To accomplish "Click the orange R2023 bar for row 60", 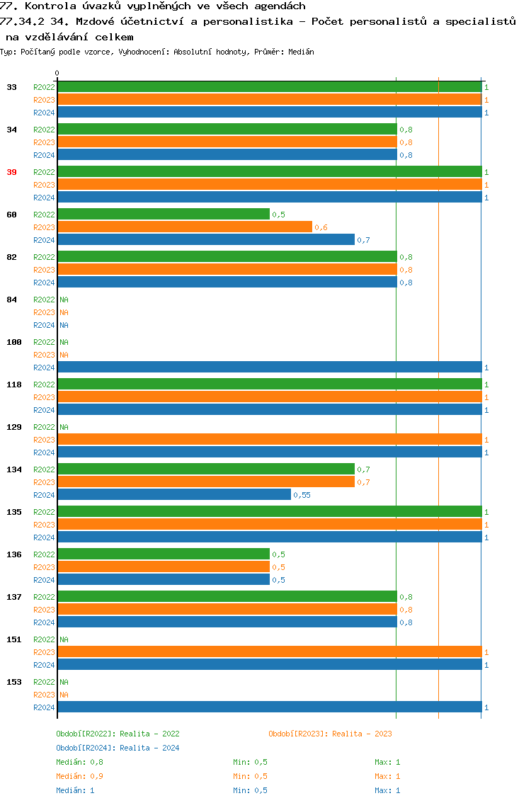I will pyautogui.click(x=184, y=227).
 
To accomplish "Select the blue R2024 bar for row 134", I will pyautogui.click(x=173, y=495).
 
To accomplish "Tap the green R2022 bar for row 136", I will pyautogui.click(x=163, y=554).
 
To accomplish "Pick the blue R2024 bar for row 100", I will pyautogui.click(x=269, y=368).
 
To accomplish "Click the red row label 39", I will pyautogui.click(x=12, y=172).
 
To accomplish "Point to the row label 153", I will pyautogui.click(x=14, y=682).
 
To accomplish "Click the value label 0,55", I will pyautogui.click(x=302, y=495).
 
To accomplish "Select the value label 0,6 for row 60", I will pyautogui.click(x=321, y=227).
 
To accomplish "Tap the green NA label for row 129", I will pyautogui.click(x=64, y=427).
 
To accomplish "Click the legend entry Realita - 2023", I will pyautogui.click(x=330, y=734).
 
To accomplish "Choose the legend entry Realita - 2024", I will pyautogui.click(x=118, y=748).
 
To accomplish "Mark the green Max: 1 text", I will pyautogui.click(x=387, y=762).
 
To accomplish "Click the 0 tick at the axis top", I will pyautogui.click(x=57, y=73).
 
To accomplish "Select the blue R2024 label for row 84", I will pyautogui.click(x=44, y=325).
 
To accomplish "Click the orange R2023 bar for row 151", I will pyautogui.click(x=269, y=652).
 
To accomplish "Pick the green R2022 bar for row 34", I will pyautogui.click(x=227, y=130).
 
